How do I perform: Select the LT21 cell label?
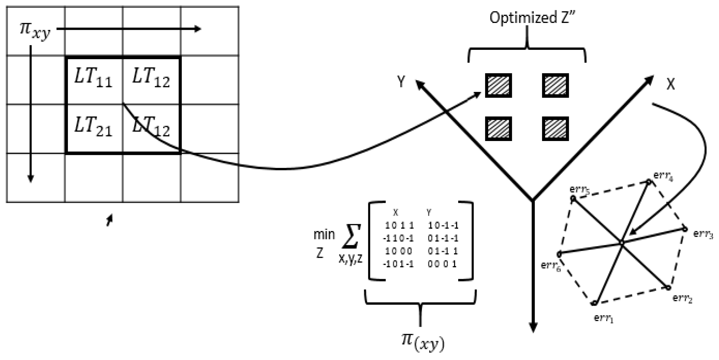click(93, 127)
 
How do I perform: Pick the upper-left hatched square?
click(498, 86)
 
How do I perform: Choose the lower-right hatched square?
click(555, 129)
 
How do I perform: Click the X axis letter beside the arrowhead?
click(671, 84)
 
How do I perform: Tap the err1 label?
click(603, 318)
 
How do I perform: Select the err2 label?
click(682, 298)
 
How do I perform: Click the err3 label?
click(703, 234)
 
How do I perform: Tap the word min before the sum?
click(324, 234)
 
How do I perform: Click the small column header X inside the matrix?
click(395, 213)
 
